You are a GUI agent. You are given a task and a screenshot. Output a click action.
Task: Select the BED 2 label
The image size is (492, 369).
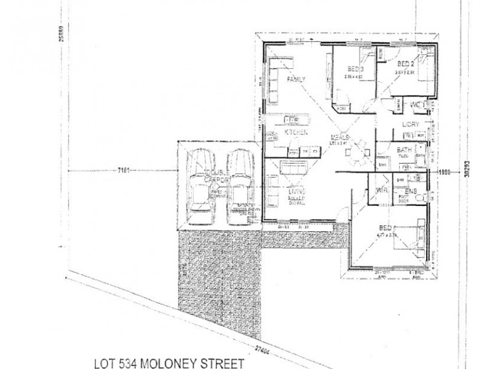[x=407, y=64]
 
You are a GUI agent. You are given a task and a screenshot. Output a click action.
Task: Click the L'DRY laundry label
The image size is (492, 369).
[x=410, y=124]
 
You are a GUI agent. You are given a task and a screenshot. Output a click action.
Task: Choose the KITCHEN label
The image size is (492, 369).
[x=296, y=132]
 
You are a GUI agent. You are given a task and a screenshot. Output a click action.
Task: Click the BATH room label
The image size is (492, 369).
[x=404, y=150]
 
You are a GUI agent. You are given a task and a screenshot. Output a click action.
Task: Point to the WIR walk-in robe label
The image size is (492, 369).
[x=381, y=191]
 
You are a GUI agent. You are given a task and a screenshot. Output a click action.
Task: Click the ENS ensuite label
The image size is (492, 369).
[x=411, y=192]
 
